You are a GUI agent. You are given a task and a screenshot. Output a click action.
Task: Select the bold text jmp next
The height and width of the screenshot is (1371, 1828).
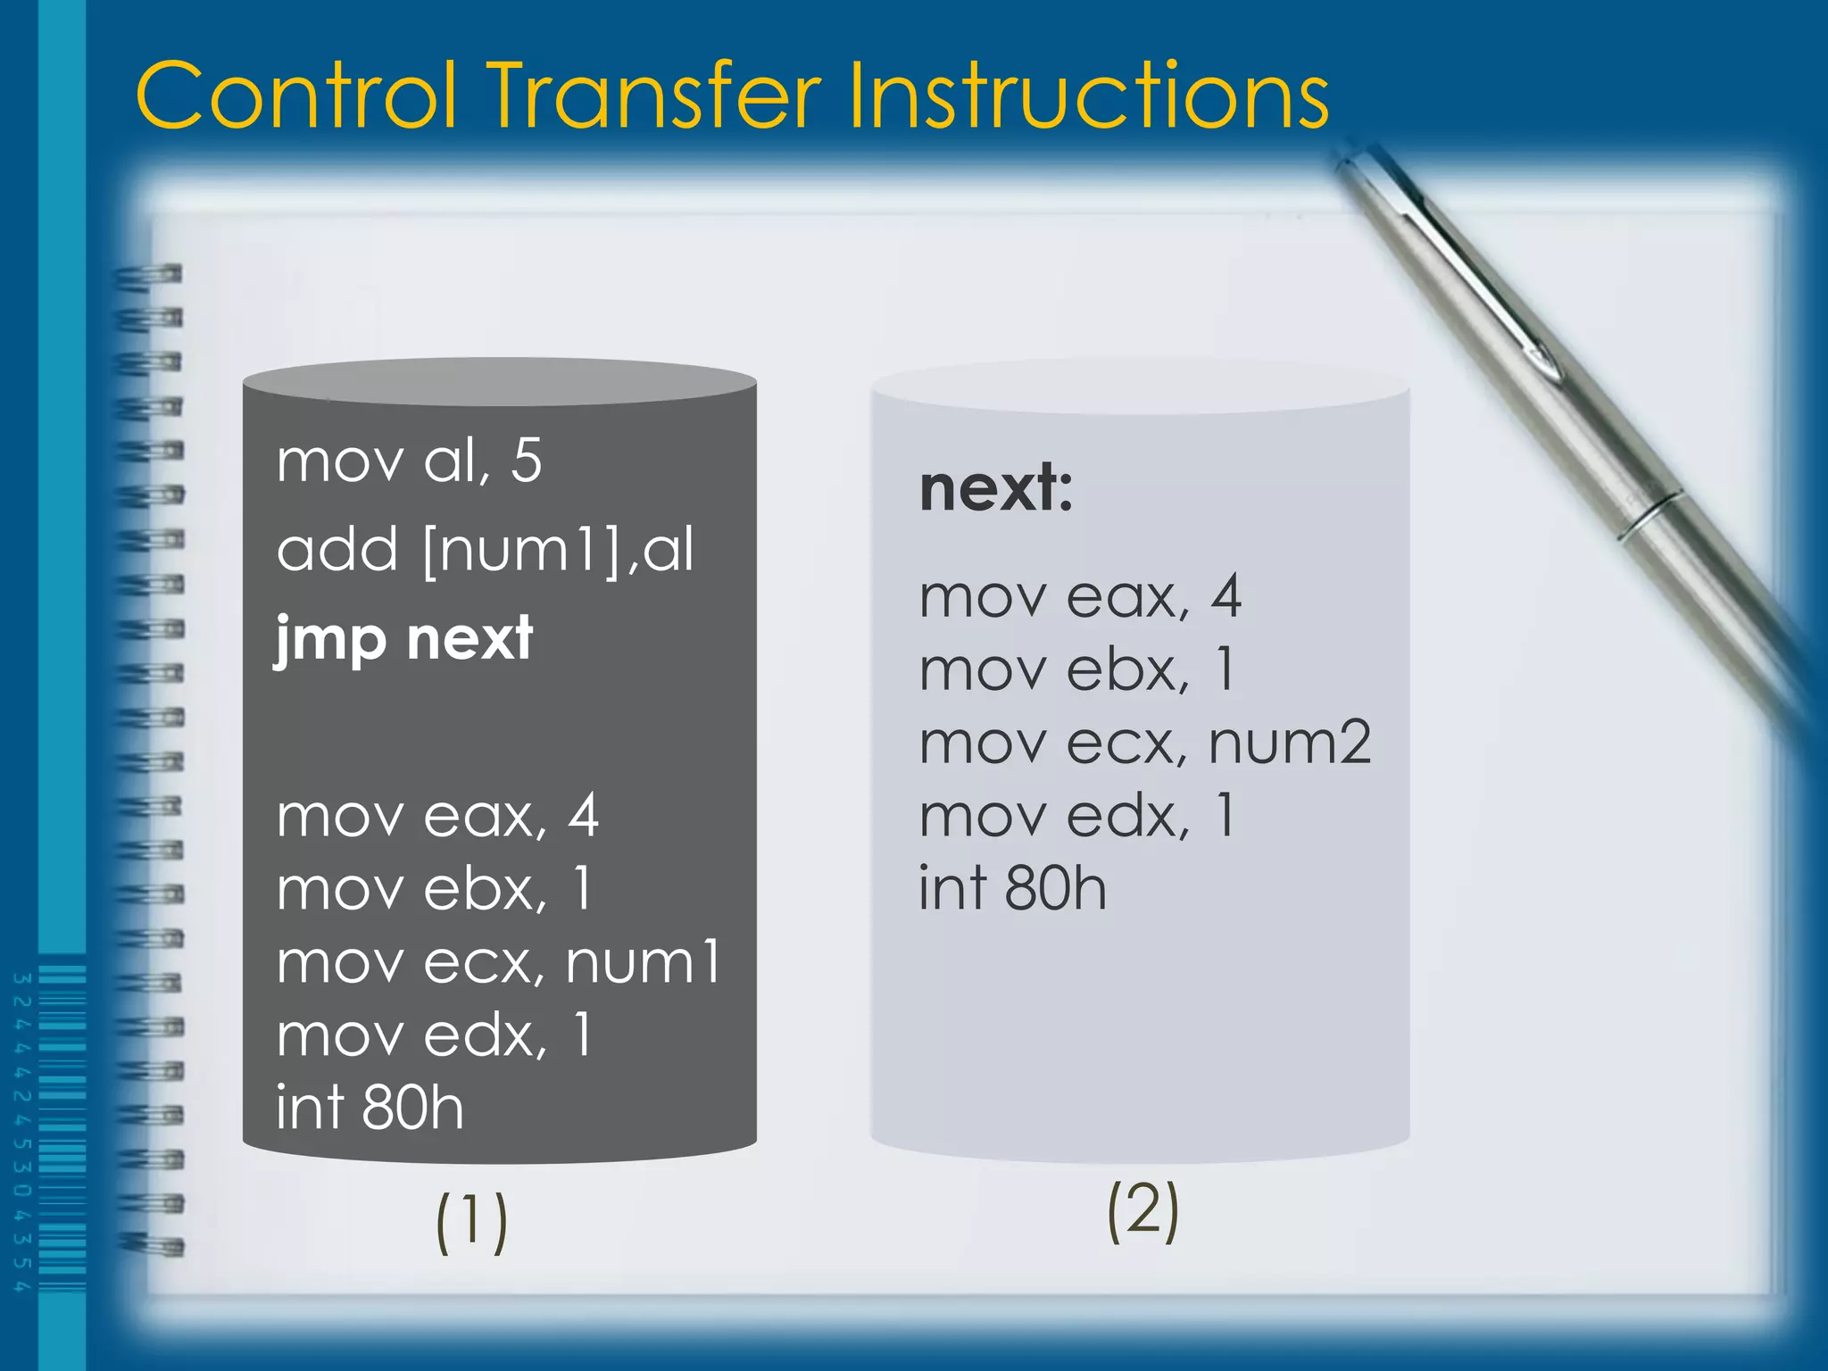click(x=403, y=640)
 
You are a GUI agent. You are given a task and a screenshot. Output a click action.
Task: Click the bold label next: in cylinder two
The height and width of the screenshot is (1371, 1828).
click(x=995, y=489)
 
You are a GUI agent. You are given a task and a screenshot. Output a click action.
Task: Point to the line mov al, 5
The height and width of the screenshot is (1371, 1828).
click(x=409, y=461)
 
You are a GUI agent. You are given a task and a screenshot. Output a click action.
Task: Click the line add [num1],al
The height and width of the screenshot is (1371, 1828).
click(x=485, y=550)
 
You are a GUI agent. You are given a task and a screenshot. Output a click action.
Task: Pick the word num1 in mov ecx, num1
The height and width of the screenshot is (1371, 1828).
click(x=643, y=963)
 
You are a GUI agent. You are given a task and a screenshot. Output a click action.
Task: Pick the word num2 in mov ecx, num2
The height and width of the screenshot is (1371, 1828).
click(x=1289, y=743)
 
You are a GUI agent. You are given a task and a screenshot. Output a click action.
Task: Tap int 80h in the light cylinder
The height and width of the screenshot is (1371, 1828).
click(x=1012, y=889)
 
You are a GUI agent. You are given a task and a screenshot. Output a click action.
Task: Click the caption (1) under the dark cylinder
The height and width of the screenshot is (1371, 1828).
click(x=471, y=1222)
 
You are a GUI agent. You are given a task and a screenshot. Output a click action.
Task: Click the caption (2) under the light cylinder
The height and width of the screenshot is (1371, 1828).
click(x=1142, y=1211)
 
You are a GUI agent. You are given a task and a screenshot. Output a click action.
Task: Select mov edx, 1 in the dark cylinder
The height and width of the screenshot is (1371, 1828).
click(x=434, y=1035)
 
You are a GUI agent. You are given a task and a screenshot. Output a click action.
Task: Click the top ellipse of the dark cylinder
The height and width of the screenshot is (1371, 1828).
click(x=500, y=381)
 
